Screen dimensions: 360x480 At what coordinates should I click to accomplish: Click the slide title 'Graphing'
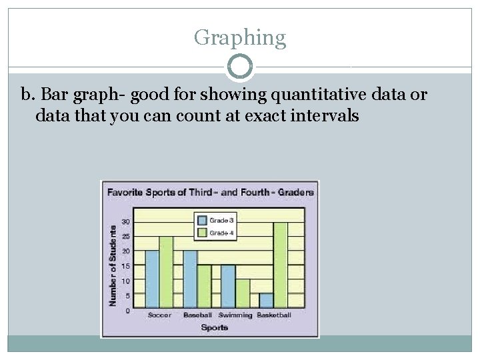(239, 37)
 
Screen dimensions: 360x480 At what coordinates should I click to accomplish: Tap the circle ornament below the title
(239, 67)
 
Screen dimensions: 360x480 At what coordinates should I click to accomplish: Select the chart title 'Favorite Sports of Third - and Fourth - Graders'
(210, 192)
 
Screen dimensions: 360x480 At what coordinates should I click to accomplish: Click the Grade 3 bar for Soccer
(153, 279)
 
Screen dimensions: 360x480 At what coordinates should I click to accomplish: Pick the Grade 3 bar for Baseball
(190, 279)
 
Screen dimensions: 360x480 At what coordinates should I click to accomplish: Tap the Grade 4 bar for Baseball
(203, 287)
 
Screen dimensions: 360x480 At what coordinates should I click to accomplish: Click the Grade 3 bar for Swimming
(228, 287)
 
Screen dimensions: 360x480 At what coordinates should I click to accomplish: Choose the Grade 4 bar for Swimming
(242, 294)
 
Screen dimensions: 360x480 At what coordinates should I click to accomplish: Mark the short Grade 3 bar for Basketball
(266, 301)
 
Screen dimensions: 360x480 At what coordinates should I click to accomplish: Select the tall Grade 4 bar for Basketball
(280, 265)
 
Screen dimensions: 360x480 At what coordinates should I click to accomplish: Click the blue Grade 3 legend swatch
(201, 219)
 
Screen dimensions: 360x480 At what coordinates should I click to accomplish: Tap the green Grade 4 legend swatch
(201, 232)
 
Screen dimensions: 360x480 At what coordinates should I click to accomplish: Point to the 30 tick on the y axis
(125, 222)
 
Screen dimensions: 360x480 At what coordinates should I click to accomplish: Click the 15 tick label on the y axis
(125, 266)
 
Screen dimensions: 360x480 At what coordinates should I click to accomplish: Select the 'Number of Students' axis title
(113, 265)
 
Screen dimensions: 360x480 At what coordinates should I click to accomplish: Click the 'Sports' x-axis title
(215, 327)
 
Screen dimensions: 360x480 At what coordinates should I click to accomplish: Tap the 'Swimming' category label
(235, 315)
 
